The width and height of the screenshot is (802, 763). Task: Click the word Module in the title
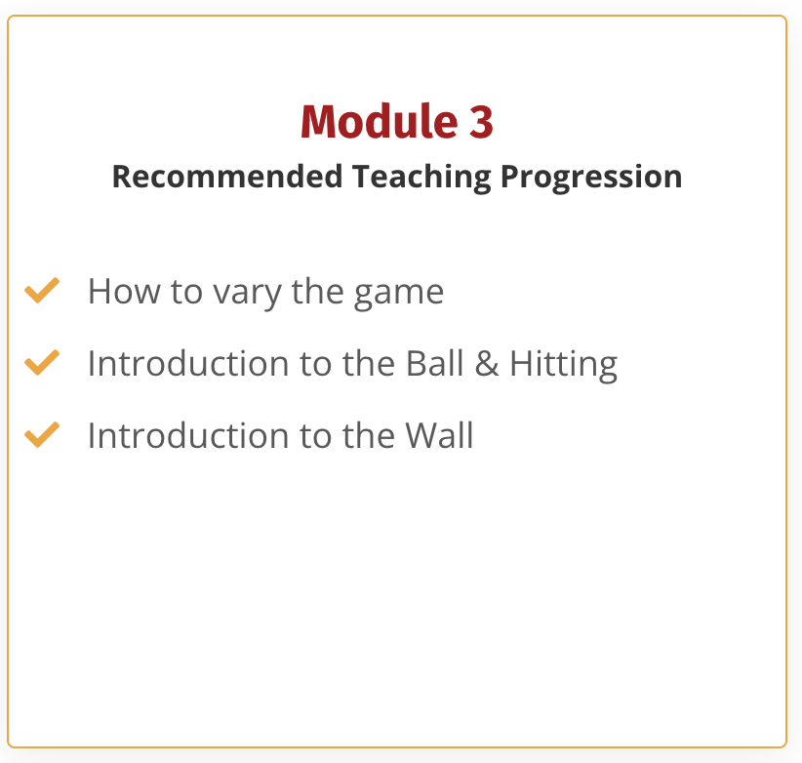coord(379,121)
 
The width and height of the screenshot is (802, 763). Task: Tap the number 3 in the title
coord(481,121)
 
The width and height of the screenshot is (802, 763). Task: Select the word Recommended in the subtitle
coord(227,176)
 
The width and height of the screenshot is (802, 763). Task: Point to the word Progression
coord(591,177)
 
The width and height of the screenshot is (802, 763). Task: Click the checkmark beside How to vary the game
coord(42,290)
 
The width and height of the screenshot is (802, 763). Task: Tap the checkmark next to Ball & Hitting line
coord(42,362)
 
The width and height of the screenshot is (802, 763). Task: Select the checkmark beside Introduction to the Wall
coord(42,434)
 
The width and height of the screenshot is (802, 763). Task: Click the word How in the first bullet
coord(124,291)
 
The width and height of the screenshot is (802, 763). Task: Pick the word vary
coord(247,294)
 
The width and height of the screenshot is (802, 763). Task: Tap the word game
coord(399,294)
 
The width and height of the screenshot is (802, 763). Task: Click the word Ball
coord(435,363)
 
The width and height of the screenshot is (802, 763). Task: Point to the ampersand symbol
coord(487,364)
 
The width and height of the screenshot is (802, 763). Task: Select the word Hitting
coord(564,365)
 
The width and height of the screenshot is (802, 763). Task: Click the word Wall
coord(439,435)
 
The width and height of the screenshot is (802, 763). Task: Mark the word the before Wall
coord(369,435)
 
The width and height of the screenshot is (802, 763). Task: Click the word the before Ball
coord(369,363)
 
